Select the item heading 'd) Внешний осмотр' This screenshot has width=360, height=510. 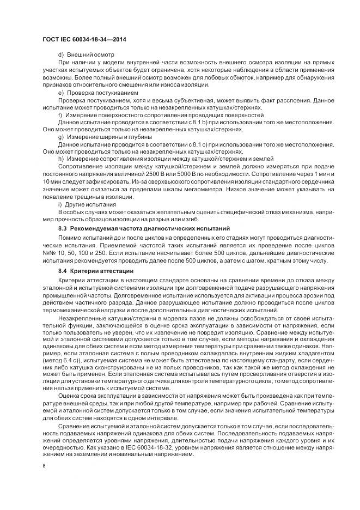point(82,56)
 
